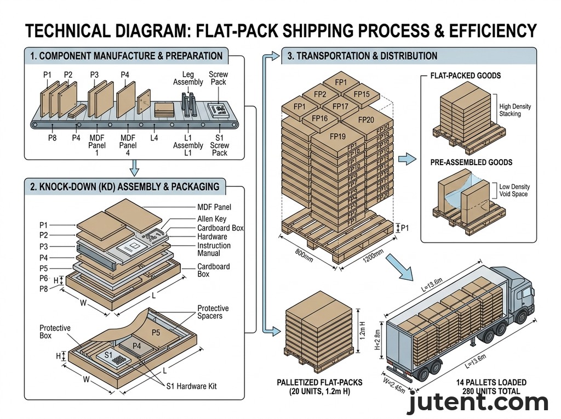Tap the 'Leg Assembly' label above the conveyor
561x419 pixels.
[x=188, y=78]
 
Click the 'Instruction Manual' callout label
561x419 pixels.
[x=214, y=250]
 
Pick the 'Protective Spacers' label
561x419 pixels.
[x=213, y=313]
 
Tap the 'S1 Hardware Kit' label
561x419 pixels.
[x=191, y=386]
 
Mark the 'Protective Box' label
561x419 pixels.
[x=55, y=332]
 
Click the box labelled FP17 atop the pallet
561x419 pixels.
[x=340, y=106]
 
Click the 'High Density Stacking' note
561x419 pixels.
[x=514, y=110]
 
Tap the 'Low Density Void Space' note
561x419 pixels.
[x=514, y=191]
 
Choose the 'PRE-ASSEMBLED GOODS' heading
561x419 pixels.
[x=471, y=162]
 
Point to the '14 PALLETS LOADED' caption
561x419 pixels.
[x=491, y=382]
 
